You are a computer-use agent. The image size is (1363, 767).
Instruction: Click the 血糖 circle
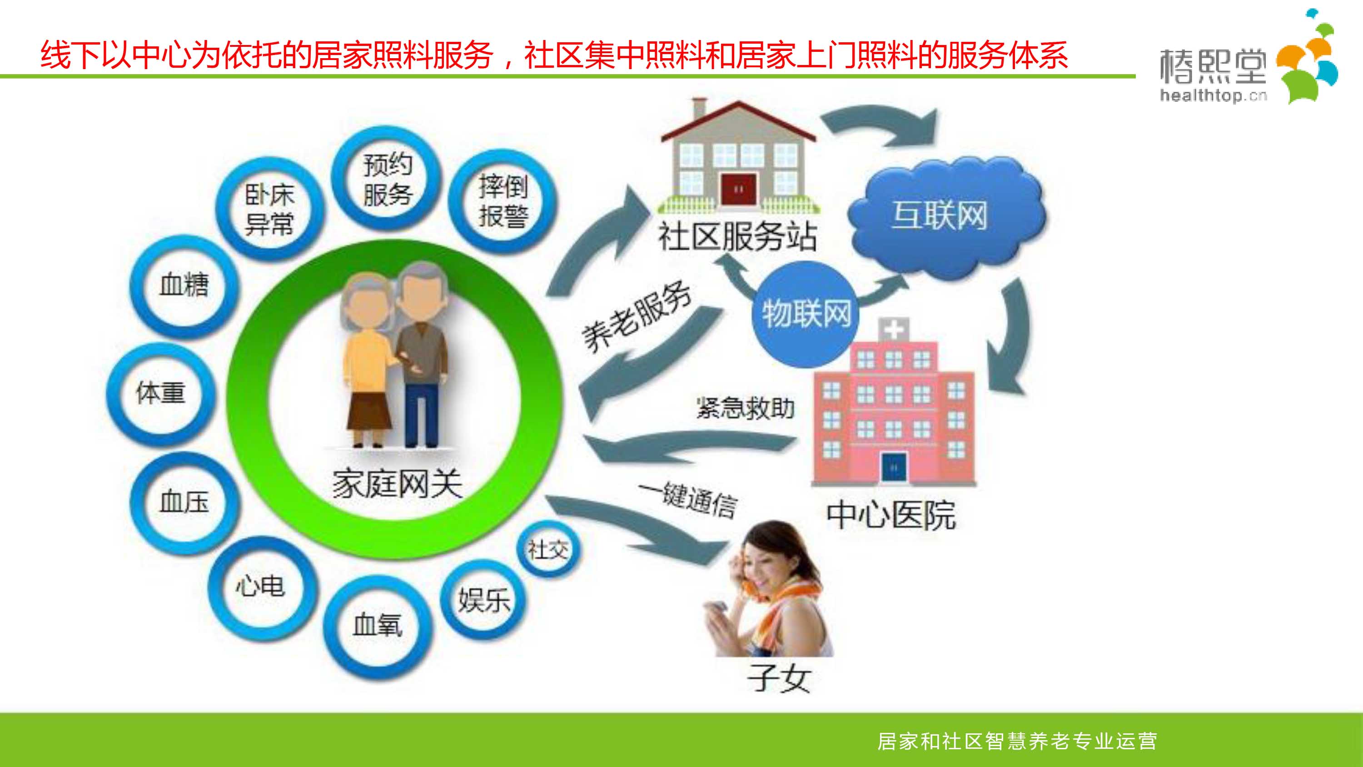pyautogui.click(x=184, y=286)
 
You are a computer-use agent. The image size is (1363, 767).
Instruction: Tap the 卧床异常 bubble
pyautogui.click(x=270, y=209)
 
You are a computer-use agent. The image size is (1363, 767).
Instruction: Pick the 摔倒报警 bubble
pyautogui.click(x=502, y=201)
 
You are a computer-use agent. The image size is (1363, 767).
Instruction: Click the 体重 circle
pyautogui.click(x=161, y=393)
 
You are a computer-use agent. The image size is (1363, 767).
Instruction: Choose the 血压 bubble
pyautogui.click(x=184, y=502)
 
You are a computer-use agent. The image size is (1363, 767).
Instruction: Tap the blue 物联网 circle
pyautogui.click(x=806, y=314)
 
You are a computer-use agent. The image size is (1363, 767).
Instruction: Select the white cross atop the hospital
pyautogui.click(x=894, y=330)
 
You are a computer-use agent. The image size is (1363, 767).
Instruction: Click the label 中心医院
pyautogui.click(x=891, y=515)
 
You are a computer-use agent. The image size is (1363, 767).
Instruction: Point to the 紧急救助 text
pyautogui.click(x=745, y=408)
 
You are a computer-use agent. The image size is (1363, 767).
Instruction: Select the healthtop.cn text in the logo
pyautogui.click(x=1213, y=96)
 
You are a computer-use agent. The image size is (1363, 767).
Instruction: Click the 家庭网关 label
pyautogui.click(x=397, y=484)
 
